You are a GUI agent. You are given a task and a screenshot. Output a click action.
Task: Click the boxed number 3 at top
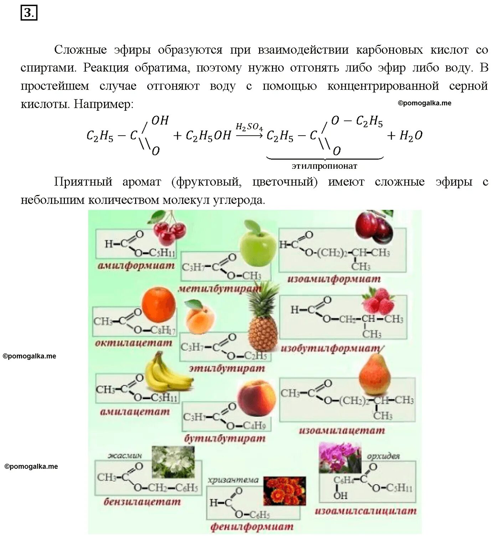(x=29, y=13)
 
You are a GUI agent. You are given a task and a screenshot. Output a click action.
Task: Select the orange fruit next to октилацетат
(x=158, y=305)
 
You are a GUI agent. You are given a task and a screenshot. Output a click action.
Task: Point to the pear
(x=375, y=376)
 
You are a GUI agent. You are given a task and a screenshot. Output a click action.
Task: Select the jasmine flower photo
(x=173, y=462)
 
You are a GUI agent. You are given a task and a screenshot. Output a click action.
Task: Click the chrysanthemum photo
(x=284, y=491)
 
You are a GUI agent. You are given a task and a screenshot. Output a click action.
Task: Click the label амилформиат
(x=136, y=266)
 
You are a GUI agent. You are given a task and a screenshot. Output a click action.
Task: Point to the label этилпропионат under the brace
(x=324, y=166)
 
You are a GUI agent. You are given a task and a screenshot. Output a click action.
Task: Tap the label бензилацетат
(x=142, y=502)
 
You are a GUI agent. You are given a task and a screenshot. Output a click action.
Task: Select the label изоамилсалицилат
(x=365, y=511)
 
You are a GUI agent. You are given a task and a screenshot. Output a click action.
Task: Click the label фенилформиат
(x=252, y=527)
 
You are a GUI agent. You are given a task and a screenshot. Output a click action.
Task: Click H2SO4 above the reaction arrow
(x=249, y=127)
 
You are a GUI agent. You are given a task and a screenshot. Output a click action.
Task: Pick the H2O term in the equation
(x=411, y=136)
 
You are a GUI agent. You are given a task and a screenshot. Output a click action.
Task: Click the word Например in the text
(x=103, y=104)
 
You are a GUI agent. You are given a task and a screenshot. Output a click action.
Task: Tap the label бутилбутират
(x=225, y=439)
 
